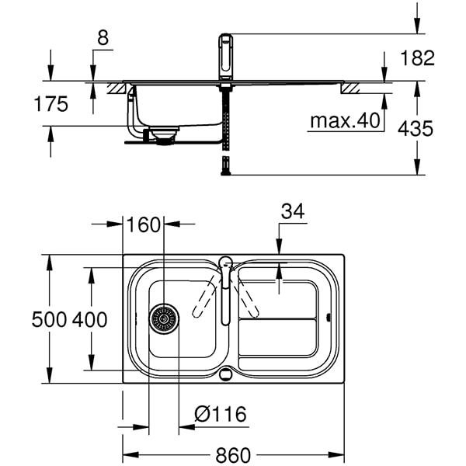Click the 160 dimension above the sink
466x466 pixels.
point(143,225)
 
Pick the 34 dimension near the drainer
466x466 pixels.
point(293,211)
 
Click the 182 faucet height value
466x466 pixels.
point(418,58)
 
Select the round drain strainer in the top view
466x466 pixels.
point(164,318)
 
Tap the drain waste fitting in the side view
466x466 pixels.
point(164,136)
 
